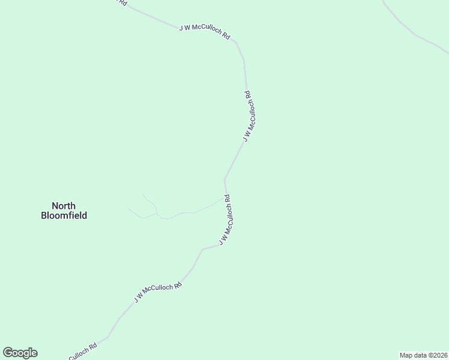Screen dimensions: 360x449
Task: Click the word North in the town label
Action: coord(64,206)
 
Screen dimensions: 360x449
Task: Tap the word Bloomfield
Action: coord(64,215)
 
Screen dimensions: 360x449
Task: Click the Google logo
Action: coord(20,353)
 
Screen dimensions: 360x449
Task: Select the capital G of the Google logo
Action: coord(8,353)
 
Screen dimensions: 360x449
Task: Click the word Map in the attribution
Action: coord(406,355)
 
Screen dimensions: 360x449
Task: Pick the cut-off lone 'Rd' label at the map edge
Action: coord(122,2)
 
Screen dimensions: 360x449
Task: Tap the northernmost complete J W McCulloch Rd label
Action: coord(205,32)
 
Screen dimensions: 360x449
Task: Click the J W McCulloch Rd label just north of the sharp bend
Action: coord(250,116)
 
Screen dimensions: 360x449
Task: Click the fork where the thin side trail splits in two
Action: coord(158,213)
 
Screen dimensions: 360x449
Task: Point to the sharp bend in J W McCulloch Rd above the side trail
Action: coord(225,179)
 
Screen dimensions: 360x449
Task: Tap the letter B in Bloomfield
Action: coord(44,215)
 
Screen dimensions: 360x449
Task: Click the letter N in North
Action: coord(55,206)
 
